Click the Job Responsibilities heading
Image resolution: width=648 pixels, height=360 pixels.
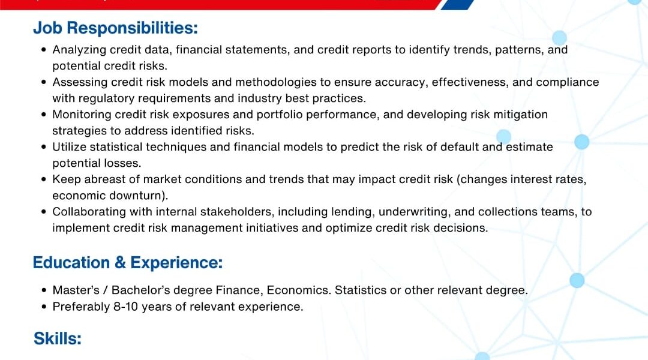[x=115, y=28]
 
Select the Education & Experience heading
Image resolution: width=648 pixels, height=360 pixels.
[x=128, y=263]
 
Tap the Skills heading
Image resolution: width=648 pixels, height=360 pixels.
[x=58, y=338]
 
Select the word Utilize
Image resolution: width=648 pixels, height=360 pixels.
[x=69, y=147]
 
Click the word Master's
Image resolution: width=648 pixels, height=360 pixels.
[x=76, y=290]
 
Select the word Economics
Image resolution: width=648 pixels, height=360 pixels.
[x=299, y=290]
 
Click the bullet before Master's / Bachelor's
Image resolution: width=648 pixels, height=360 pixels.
[x=44, y=290]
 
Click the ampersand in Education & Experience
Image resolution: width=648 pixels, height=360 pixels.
[x=120, y=263]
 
